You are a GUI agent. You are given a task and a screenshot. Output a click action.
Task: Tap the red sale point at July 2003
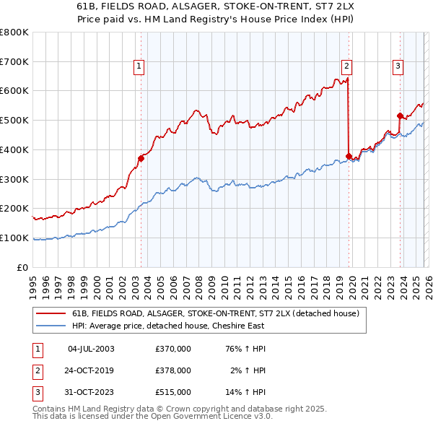(x=141, y=159)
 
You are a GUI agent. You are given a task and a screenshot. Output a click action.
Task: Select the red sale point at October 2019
(x=349, y=156)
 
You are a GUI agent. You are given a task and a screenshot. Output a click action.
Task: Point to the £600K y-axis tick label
(x=14, y=91)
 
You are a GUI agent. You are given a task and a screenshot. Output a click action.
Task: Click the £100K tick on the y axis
(x=14, y=238)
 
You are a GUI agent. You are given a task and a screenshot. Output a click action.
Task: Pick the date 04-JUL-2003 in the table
(x=91, y=349)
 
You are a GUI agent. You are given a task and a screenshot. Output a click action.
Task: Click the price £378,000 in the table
(x=173, y=370)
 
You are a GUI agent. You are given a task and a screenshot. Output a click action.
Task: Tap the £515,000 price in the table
(x=173, y=392)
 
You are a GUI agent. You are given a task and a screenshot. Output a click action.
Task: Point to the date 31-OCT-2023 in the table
(x=91, y=392)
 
